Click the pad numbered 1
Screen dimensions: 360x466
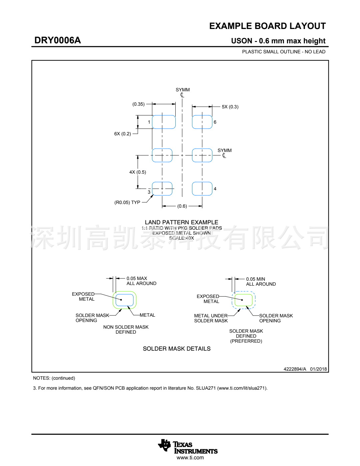click(164, 122)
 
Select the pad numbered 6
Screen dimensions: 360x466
click(202, 122)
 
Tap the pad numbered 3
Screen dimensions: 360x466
click(162, 189)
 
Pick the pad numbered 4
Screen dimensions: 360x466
click(202, 189)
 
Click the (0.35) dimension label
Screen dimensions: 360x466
click(138, 104)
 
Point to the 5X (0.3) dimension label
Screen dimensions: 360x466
click(230, 107)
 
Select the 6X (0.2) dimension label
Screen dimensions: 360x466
click(122, 134)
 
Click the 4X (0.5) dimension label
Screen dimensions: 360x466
click(137, 172)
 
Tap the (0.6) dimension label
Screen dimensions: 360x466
click(182, 206)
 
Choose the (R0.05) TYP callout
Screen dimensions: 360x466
click(127, 202)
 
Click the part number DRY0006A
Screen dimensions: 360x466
click(57, 40)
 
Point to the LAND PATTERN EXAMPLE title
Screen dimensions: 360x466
click(181, 222)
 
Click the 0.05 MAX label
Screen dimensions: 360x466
click(137, 278)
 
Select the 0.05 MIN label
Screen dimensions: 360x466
click(256, 279)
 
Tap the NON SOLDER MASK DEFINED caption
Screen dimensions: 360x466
click(126, 329)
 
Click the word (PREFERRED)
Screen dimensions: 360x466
click(246, 341)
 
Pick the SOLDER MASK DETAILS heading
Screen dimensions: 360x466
click(177, 349)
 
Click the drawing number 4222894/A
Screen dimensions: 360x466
click(295, 369)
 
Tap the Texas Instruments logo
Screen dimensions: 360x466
click(187, 447)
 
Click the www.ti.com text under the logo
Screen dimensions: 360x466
click(190, 458)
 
